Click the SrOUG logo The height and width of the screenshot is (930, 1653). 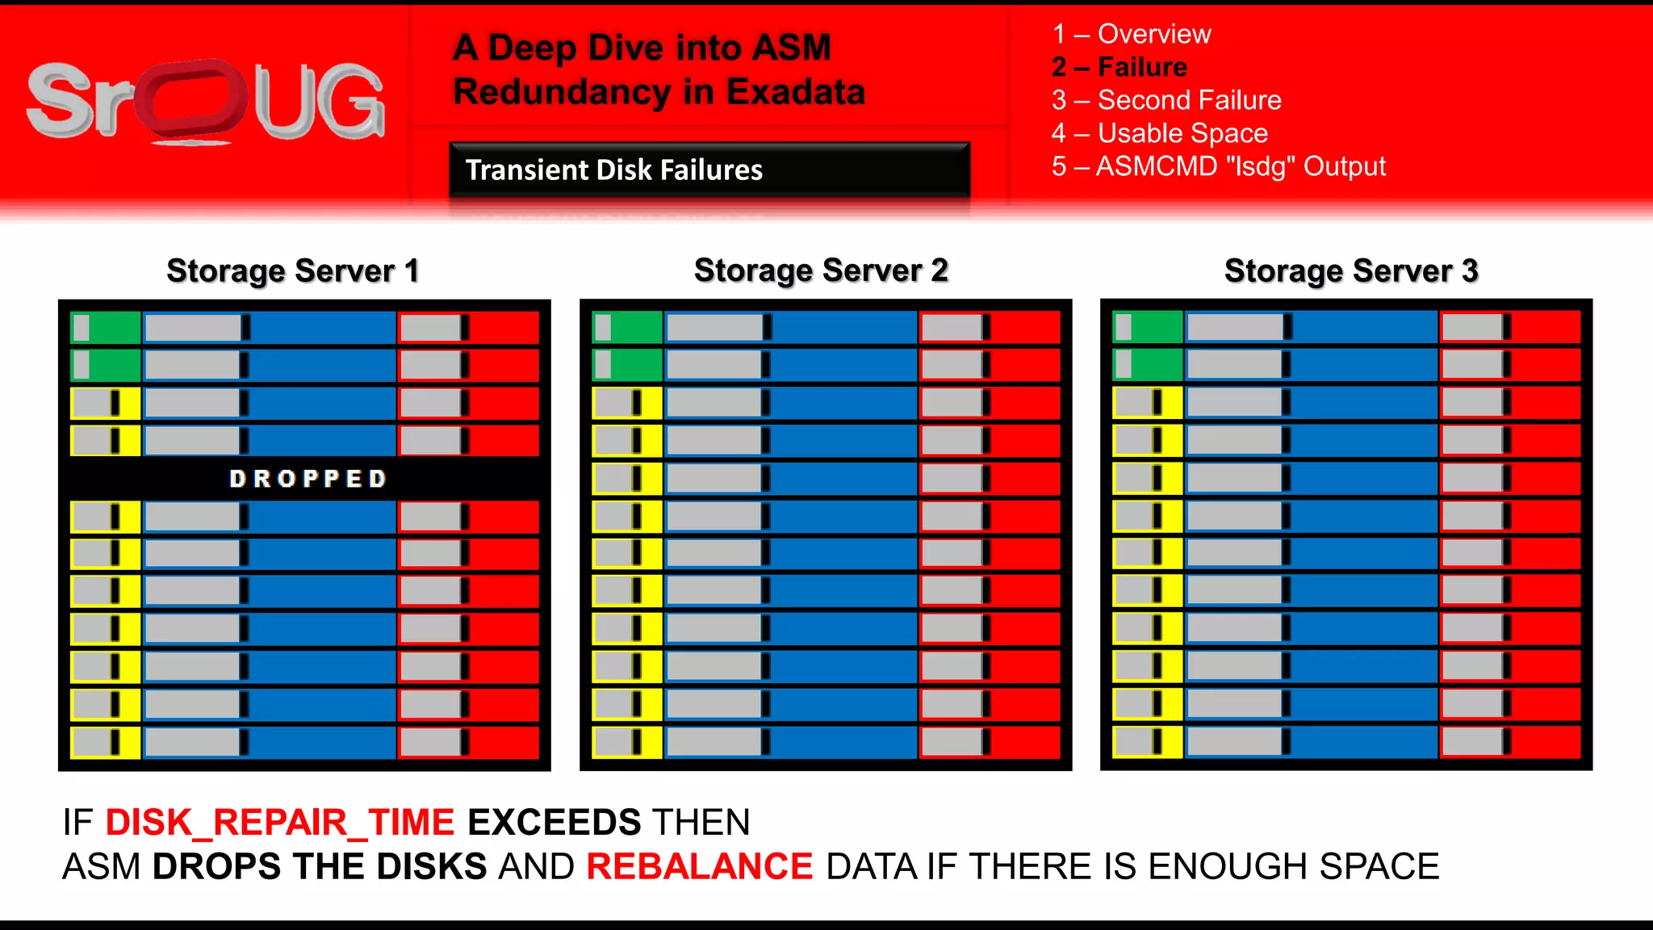click(x=206, y=101)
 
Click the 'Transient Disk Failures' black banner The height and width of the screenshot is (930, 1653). click(x=709, y=170)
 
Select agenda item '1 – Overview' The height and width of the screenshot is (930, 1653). click(x=1131, y=34)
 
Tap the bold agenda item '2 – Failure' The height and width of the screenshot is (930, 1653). click(x=1119, y=67)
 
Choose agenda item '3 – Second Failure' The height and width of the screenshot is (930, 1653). click(x=1166, y=100)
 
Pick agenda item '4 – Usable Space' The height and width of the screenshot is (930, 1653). click(x=1160, y=133)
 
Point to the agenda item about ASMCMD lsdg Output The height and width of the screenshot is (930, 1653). click(x=1218, y=166)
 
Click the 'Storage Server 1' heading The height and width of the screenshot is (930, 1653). click(x=293, y=271)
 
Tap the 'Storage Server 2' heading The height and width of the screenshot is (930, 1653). click(x=821, y=270)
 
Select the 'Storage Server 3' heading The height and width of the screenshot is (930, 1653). click(x=1351, y=270)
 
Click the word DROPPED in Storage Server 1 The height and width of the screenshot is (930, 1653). click(x=308, y=479)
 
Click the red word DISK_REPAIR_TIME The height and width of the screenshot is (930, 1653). click(x=280, y=823)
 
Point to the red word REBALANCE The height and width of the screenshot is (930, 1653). click(x=699, y=867)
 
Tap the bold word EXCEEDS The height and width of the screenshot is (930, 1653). click(x=554, y=823)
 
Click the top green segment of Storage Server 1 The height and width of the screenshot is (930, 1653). click(x=106, y=328)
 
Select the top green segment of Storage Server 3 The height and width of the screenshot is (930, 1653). click(x=1148, y=327)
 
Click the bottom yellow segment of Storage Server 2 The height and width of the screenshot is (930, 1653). click(x=627, y=742)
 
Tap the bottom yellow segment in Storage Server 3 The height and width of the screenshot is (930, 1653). click(x=1148, y=741)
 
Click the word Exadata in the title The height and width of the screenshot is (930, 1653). click(x=796, y=91)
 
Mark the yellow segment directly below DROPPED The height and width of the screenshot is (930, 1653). click(x=106, y=517)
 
